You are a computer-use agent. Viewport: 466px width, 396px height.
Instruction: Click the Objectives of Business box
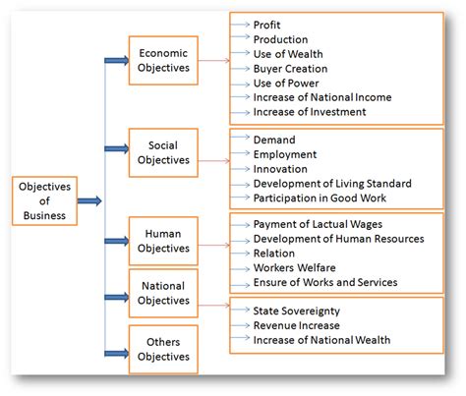click(44, 200)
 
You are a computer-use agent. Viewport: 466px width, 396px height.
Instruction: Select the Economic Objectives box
click(163, 61)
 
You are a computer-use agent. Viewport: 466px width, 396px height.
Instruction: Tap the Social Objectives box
click(163, 152)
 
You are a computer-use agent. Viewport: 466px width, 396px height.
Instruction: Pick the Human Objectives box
click(163, 241)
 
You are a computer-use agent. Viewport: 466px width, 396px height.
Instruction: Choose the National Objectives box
click(163, 293)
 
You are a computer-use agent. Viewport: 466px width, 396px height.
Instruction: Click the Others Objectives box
click(163, 349)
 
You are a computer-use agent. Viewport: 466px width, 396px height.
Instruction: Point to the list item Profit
click(266, 25)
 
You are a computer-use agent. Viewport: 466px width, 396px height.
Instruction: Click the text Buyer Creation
click(290, 69)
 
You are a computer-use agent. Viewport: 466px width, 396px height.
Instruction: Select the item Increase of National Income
click(322, 97)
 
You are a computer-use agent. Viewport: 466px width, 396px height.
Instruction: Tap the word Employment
click(285, 154)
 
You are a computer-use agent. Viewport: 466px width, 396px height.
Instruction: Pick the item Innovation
click(280, 169)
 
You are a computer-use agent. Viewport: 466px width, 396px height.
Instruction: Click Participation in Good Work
click(320, 198)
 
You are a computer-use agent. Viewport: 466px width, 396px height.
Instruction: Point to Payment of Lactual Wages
click(318, 224)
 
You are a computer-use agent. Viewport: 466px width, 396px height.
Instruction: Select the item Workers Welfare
click(295, 267)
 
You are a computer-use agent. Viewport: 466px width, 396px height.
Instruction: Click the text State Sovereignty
click(297, 311)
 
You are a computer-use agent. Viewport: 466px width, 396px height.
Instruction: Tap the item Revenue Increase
click(297, 325)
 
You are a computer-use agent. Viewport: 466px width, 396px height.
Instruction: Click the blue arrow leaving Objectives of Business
click(89, 200)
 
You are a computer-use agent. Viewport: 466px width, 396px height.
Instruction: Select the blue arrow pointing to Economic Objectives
click(117, 60)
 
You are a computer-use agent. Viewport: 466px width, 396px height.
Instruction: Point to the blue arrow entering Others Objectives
click(117, 353)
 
